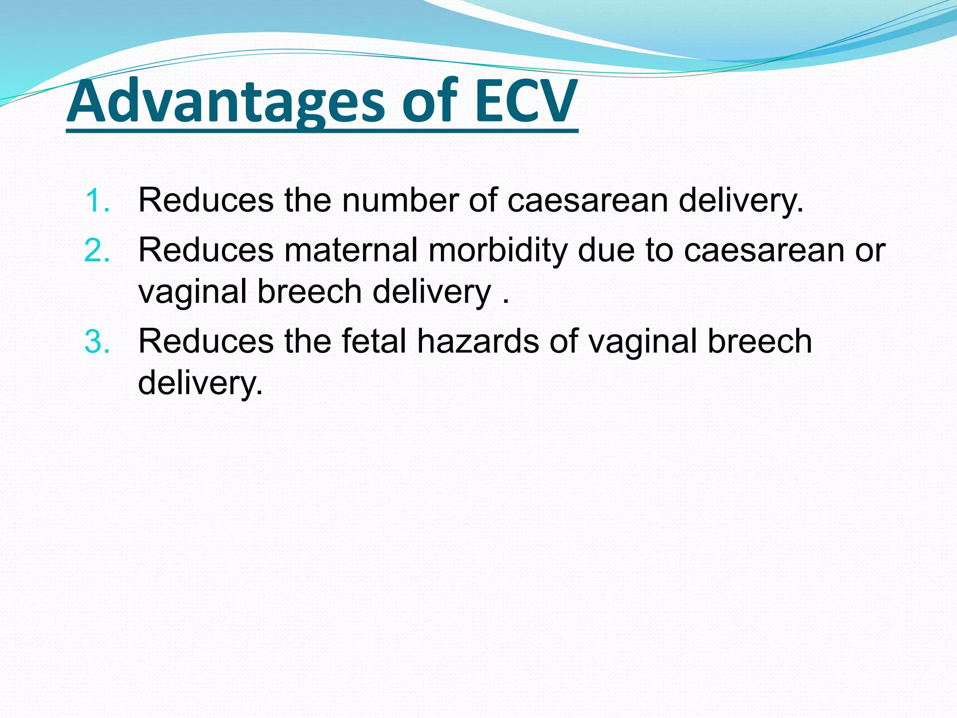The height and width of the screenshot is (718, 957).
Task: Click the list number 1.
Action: tap(97, 201)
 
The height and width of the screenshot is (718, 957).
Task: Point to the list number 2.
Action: tap(97, 251)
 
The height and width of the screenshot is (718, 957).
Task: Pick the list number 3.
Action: tap(97, 342)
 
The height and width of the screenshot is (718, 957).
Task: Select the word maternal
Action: tap(350, 251)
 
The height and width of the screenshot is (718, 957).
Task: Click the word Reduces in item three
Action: tap(206, 342)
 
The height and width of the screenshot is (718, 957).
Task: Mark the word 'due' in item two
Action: tap(606, 251)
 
